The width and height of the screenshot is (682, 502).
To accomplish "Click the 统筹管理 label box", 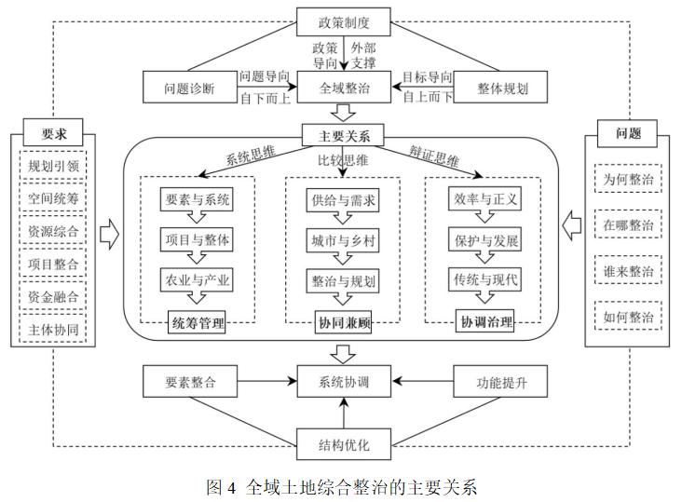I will click(x=197, y=323).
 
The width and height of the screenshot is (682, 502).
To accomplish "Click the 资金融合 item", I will click(x=52, y=295).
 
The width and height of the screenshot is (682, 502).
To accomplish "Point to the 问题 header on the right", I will click(x=629, y=132).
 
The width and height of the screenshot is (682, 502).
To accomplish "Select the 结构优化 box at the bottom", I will click(x=344, y=444).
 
